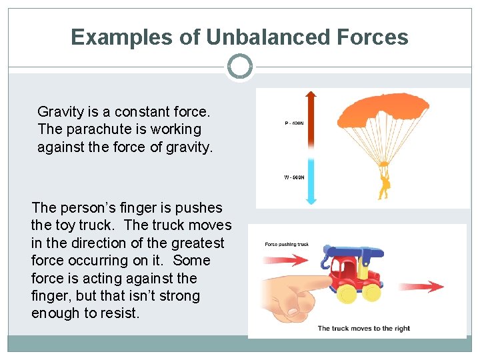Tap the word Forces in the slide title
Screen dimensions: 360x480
[375, 37]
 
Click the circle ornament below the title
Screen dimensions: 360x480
[239, 67]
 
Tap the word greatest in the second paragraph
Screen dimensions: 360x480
[197, 243]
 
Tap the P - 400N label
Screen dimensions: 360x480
[293, 123]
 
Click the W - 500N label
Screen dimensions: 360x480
[293, 178]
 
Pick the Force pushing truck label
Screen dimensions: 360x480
[287, 244]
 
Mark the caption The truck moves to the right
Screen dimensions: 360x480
[363, 328]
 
